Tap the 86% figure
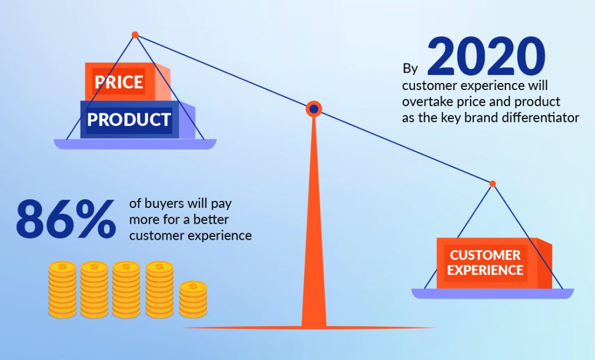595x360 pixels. [66, 219]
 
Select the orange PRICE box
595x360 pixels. [127, 81]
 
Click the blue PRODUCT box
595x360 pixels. [137, 119]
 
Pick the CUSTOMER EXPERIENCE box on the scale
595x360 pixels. [494, 263]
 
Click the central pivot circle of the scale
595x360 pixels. [314, 109]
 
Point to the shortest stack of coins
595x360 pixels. [193, 299]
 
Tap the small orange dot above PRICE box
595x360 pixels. [135, 35]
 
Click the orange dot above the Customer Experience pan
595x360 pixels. [493, 183]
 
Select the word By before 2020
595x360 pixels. [410, 69]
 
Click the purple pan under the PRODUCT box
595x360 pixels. [135, 144]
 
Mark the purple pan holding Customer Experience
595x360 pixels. [493, 293]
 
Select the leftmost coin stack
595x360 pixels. [62, 289]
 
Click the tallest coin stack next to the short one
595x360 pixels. [159, 289]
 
